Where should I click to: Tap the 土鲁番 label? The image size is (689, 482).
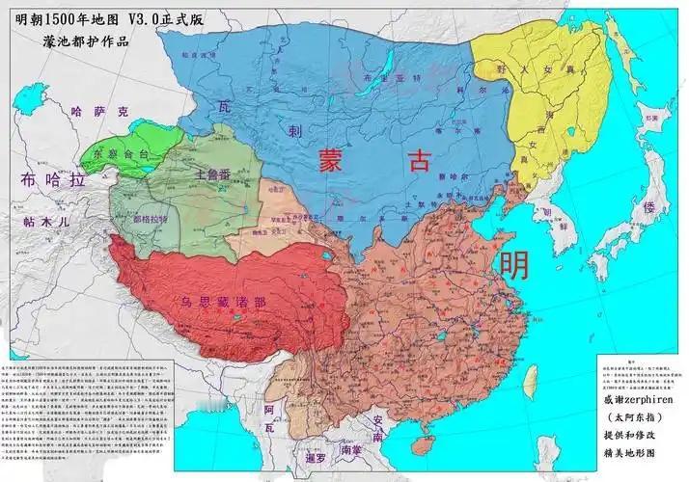[212, 175]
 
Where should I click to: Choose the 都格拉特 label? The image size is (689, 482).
[149, 219]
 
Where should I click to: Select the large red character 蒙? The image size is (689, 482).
[331, 161]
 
